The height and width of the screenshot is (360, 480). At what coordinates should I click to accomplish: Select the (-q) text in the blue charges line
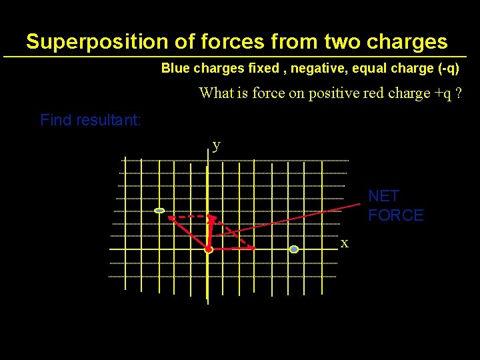pos(445,69)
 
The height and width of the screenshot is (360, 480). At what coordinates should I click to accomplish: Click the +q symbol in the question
pos(442,93)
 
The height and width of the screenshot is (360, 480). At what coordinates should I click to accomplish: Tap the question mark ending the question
pos(459,93)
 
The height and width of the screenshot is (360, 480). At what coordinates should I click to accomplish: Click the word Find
pos(55,121)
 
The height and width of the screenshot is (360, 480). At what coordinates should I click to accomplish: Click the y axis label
pos(216,145)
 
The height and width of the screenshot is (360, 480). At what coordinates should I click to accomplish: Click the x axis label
pos(344,243)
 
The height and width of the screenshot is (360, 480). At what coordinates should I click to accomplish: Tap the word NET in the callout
pos(383,196)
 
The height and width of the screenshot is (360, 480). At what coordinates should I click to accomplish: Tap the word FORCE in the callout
pos(396,215)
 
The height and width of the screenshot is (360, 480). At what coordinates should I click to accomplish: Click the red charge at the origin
pos(208,249)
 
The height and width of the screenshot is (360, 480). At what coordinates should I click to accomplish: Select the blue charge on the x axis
pos(293,249)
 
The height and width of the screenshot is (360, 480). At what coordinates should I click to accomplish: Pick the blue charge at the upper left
pos(159,211)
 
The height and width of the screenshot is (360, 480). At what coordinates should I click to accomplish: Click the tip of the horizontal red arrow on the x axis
pos(254,249)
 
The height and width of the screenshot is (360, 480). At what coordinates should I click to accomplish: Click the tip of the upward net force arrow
pos(211,217)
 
